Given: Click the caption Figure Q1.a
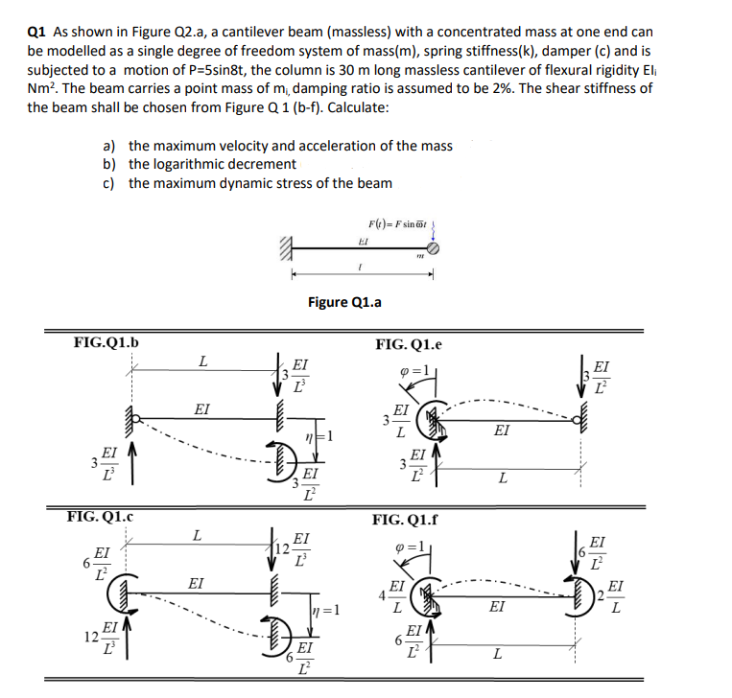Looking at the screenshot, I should [344, 303].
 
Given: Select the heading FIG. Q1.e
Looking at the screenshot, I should [410, 343].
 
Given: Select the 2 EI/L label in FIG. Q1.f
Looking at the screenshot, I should [610, 599].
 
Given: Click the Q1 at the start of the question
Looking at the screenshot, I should [36, 32].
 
